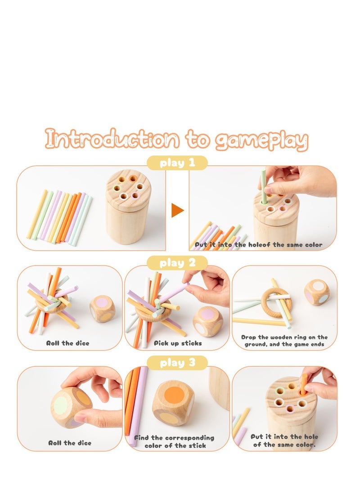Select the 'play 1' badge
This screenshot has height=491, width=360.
point(177,163)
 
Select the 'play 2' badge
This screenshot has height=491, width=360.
point(177,263)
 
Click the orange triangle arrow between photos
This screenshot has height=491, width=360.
point(177,210)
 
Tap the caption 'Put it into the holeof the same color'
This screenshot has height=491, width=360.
point(258,245)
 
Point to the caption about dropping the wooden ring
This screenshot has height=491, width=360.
point(284,340)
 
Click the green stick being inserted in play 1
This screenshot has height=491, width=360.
point(263,187)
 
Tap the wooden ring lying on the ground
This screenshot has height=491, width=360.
point(276,302)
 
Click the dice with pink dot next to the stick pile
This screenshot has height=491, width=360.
point(103,309)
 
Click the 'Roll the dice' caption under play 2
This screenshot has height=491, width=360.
point(68,343)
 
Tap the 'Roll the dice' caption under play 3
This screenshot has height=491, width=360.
point(70,443)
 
